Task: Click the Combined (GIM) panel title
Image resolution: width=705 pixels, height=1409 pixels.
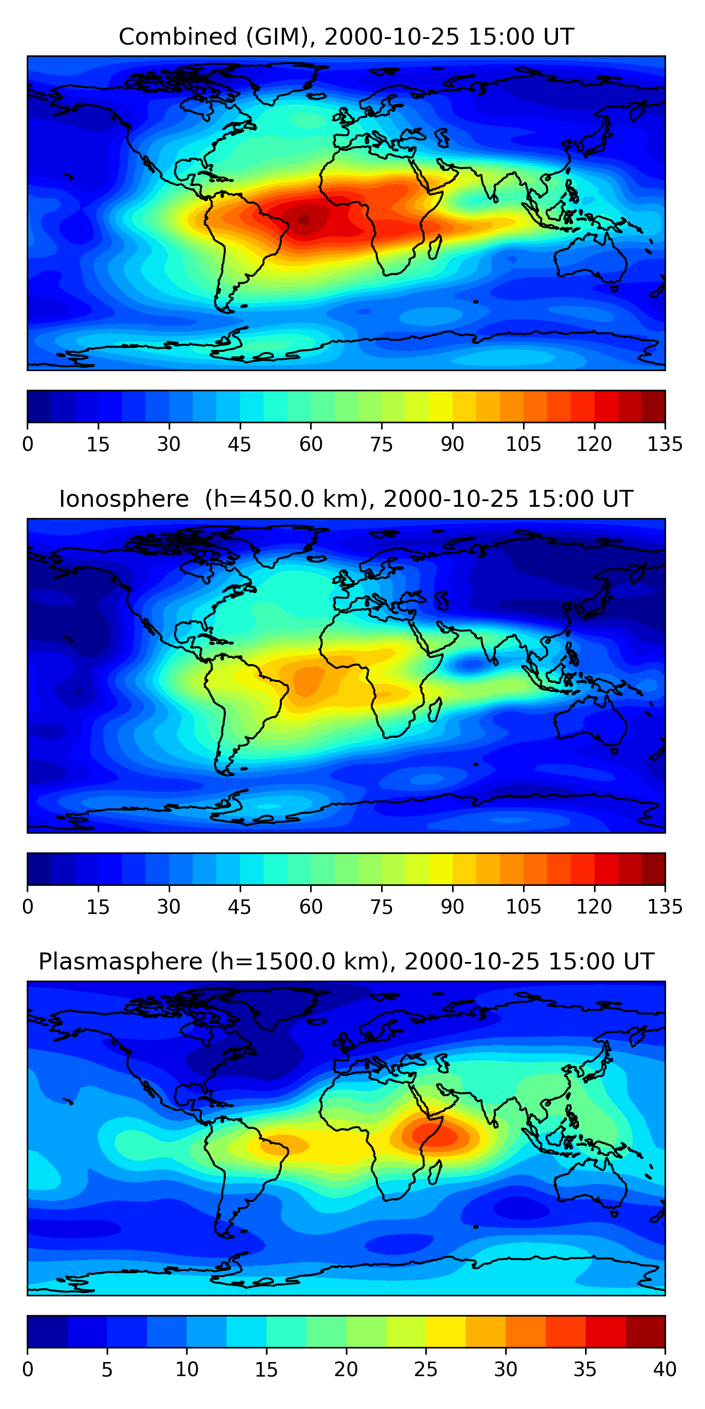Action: click(346, 37)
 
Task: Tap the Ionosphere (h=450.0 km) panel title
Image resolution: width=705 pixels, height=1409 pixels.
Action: click(346, 499)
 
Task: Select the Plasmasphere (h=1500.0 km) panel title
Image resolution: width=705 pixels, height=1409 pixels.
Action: click(346, 961)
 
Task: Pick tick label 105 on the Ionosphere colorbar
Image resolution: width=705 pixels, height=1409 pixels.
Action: click(523, 907)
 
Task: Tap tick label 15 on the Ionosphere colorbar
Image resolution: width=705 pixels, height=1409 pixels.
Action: click(98, 907)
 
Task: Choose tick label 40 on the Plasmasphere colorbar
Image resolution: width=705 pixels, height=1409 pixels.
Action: click(665, 1369)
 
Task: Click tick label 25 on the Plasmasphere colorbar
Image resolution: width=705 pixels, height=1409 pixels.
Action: click(425, 1369)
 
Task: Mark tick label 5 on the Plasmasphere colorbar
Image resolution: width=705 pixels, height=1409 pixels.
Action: click(107, 1369)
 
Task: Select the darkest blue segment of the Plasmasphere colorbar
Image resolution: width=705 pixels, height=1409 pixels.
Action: click(47, 1332)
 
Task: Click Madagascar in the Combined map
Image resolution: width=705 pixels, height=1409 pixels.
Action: click(435, 247)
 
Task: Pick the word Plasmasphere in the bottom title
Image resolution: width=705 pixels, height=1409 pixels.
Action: click(120, 961)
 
